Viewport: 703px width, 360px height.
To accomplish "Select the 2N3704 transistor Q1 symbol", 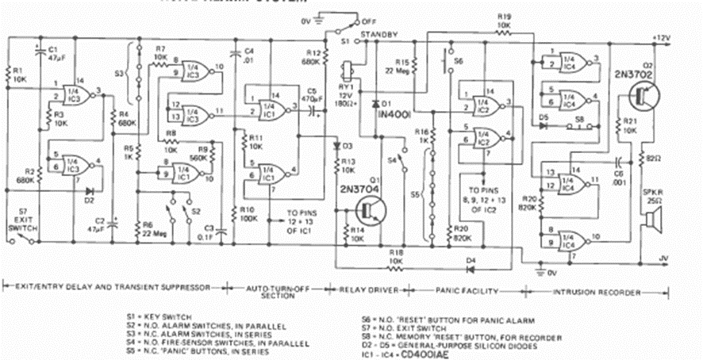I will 367,209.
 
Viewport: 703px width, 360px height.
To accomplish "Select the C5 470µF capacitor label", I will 305,95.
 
